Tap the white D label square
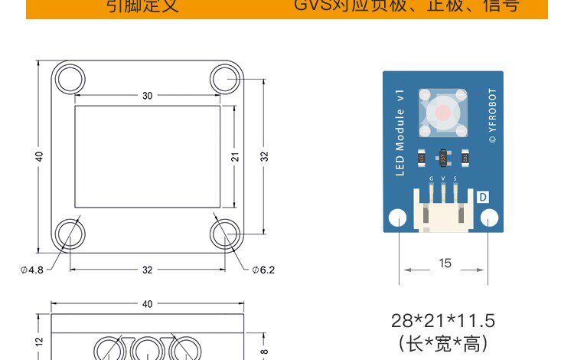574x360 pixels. [484, 197]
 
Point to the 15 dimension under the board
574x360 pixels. [445, 263]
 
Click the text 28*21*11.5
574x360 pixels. [443, 320]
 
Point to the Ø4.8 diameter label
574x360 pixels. [31, 270]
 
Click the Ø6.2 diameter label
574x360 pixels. [263, 270]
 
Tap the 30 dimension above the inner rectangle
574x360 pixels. [147, 96]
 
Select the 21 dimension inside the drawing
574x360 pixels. [236, 156]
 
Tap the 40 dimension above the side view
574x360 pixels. [147, 304]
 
